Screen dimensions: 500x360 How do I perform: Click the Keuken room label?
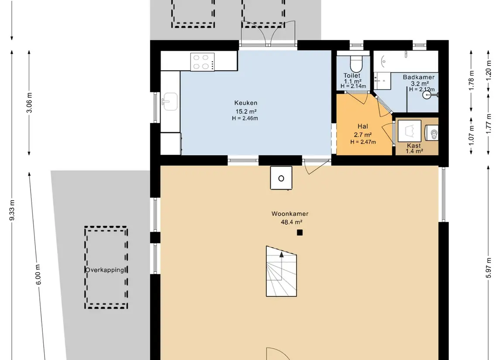click(x=245, y=103)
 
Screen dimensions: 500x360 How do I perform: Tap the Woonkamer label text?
click(x=290, y=214)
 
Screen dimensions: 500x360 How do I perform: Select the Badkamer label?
click(x=418, y=77)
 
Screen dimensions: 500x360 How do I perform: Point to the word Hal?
click(x=363, y=127)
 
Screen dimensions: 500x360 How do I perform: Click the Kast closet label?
click(x=414, y=146)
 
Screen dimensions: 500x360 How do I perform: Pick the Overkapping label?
click(x=105, y=270)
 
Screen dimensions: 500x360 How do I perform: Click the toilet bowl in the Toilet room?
click(x=356, y=64)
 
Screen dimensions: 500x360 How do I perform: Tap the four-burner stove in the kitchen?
click(x=203, y=62)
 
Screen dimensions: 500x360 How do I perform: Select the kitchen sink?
click(x=170, y=102)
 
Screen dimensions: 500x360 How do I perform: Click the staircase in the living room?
click(x=281, y=271)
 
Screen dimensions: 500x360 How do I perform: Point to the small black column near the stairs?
click(x=300, y=233)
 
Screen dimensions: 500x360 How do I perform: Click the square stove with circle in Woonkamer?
click(x=281, y=178)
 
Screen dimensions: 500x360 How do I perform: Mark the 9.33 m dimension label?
click(x=12, y=210)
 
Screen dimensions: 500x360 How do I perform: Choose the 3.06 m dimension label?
click(x=29, y=103)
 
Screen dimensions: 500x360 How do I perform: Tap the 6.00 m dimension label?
click(x=38, y=274)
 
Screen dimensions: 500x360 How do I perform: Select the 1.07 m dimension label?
click(x=472, y=135)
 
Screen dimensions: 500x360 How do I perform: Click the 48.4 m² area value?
click(x=291, y=222)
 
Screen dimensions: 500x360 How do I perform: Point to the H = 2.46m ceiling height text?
click(x=245, y=118)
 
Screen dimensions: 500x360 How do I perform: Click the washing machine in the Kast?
click(x=410, y=130)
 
